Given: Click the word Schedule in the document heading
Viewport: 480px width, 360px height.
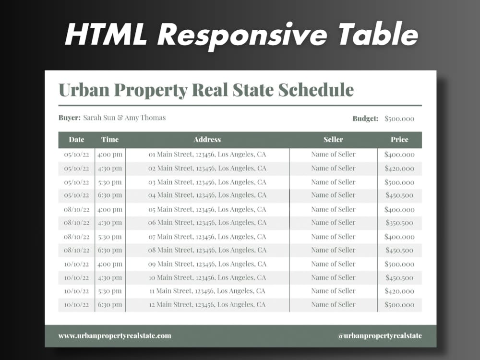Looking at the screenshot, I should (x=316, y=90).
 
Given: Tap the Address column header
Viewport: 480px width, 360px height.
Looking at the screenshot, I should (x=207, y=140).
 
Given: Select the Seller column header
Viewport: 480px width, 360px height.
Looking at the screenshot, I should (x=333, y=140).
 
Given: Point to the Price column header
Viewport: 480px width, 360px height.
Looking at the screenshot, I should (x=399, y=140).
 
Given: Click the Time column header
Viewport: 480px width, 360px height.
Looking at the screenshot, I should (x=109, y=140).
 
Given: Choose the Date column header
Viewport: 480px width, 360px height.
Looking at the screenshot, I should (x=76, y=140).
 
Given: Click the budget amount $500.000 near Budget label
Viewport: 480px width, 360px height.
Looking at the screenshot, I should (x=399, y=119).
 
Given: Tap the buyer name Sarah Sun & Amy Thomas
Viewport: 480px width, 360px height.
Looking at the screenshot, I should (x=124, y=118).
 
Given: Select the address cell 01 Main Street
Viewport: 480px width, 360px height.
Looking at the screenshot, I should (x=207, y=155).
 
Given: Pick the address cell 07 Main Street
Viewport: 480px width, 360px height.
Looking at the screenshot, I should (x=207, y=237).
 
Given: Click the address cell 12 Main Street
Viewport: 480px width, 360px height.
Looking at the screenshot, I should (x=207, y=305).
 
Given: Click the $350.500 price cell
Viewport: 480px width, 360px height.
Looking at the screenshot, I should (x=399, y=223).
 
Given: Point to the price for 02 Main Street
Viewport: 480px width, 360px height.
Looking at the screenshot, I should (x=399, y=168).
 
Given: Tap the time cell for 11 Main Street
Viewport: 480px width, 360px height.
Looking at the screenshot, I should (x=109, y=291).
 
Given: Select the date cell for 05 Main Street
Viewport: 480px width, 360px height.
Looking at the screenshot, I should (x=76, y=210).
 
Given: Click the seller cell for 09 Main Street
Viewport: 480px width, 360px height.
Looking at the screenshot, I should (x=333, y=264).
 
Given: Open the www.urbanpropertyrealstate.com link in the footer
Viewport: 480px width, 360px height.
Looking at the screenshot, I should (x=115, y=336).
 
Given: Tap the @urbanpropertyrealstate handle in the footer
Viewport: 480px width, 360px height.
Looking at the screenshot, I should (x=380, y=336).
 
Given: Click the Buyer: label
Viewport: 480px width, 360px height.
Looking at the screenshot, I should (x=69, y=118).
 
